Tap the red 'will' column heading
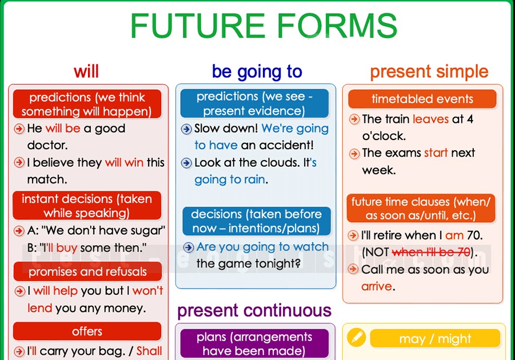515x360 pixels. pos(86,71)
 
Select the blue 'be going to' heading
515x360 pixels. pos(257,71)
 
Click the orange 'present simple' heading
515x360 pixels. pos(429,72)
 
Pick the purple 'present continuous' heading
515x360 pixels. pos(254,310)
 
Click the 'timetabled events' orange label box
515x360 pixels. pos(422,99)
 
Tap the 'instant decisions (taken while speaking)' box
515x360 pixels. pos(87,206)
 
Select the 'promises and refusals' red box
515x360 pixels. pos(87,271)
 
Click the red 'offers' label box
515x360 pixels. pos(87,331)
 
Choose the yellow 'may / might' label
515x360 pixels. pos(435,339)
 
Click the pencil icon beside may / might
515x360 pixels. pos(356,337)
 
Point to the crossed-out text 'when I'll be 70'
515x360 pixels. pos(431,252)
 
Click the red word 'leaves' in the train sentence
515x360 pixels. pos(430,119)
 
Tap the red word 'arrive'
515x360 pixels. pos(377,286)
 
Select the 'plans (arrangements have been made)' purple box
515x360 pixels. pos(254,343)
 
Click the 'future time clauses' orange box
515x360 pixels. pos(421,209)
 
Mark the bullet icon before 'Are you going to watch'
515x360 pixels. pos(189,247)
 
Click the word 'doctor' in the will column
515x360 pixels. pos(47,145)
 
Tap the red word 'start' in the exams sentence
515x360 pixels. pos(436,153)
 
